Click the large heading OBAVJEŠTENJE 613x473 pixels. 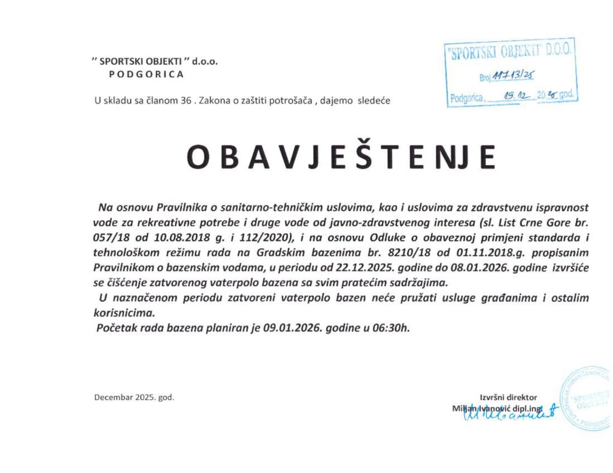point(341,157)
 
